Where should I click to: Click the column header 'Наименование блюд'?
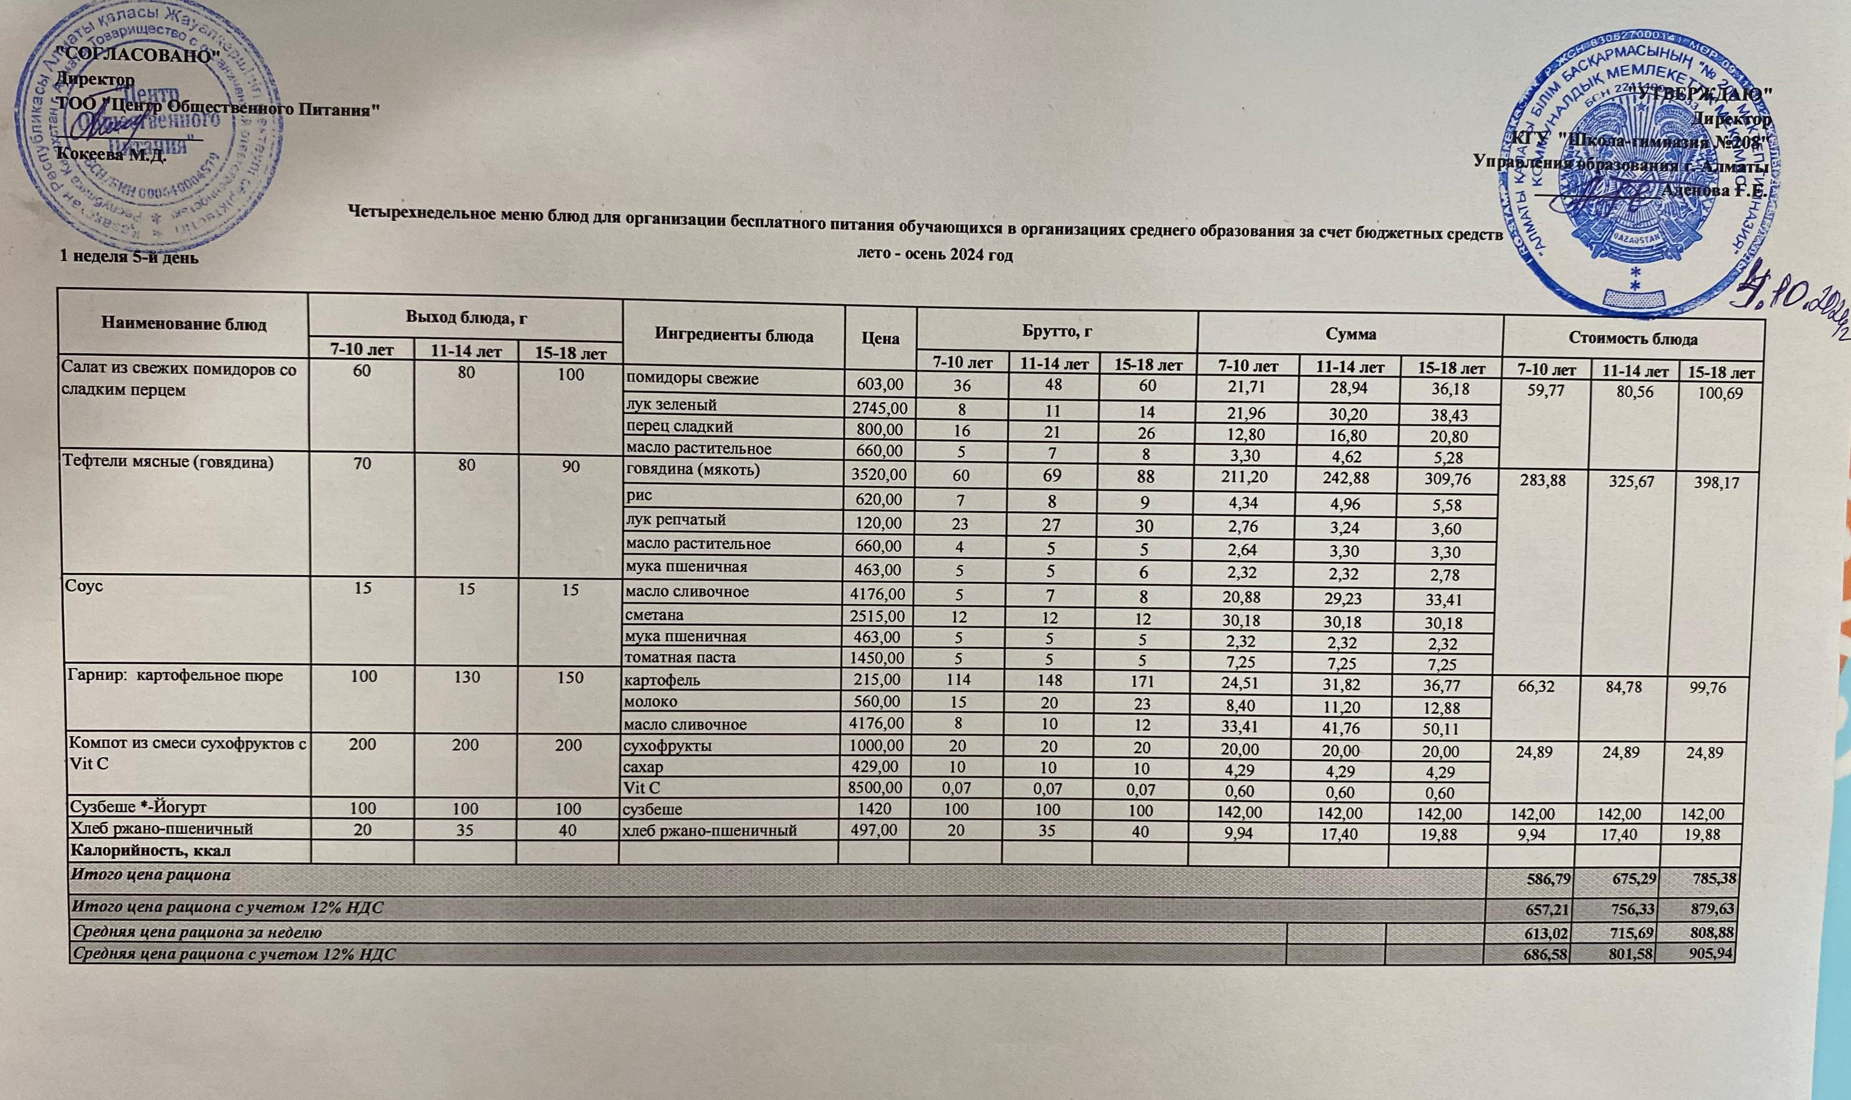click(x=184, y=325)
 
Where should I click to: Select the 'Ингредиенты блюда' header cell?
click(x=734, y=336)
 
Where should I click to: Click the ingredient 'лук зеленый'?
click(x=671, y=405)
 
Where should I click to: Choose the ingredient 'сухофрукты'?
click(x=668, y=746)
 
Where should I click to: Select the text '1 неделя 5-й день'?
click(x=129, y=256)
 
